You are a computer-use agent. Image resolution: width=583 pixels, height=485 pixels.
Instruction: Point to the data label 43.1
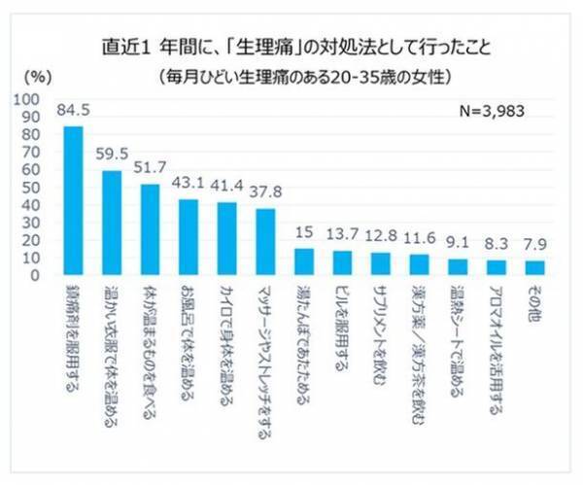pos(189,183)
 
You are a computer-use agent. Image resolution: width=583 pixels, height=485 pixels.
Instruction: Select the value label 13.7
pos(342,235)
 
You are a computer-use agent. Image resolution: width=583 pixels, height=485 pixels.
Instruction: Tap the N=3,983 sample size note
pos(492,111)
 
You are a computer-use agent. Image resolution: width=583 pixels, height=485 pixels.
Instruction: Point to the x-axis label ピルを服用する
pos(342,327)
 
